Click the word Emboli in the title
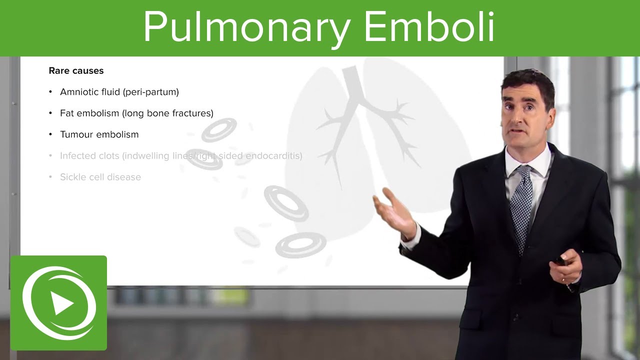[429, 27]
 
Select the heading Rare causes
[76, 71]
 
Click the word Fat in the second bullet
[67, 113]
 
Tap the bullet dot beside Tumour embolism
[50, 134]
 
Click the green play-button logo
[58, 302]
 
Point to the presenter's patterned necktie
[521, 205]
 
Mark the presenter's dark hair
[530, 80]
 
